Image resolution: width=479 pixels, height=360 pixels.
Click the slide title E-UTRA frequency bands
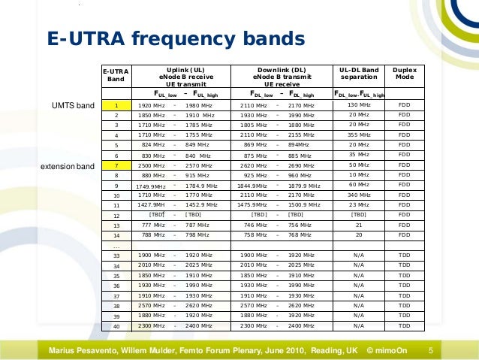tap(176, 38)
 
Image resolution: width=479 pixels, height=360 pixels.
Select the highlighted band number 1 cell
tap(116, 105)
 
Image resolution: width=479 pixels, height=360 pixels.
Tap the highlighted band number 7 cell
tap(116, 165)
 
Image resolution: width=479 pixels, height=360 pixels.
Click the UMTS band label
tap(72, 105)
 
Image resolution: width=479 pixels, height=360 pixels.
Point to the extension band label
tap(66, 165)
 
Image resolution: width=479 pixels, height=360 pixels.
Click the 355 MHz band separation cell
tap(358, 135)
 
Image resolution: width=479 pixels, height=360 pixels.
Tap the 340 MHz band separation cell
tap(358, 195)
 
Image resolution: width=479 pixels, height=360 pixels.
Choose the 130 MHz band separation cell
tap(358, 105)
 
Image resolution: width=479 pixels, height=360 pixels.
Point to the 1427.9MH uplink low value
tap(150, 204)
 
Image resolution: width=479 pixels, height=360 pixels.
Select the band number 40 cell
tap(116, 326)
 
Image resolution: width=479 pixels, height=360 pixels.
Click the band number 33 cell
tap(116, 256)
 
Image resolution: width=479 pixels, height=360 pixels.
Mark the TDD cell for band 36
tap(404, 286)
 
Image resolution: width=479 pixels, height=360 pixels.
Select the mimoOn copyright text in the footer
tap(387, 350)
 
